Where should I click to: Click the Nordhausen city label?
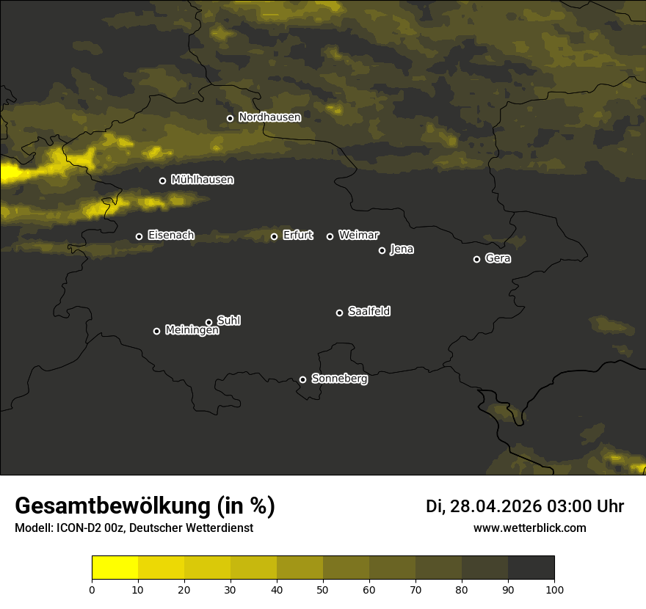coord(269,117)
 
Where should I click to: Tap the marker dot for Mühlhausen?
coord(162,180)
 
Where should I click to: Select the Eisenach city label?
coord(171,236)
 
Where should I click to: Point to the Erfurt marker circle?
coord(275,236)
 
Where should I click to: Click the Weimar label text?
coord(359,236)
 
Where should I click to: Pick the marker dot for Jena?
coord(382,250)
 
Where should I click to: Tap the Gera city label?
coord(498,258)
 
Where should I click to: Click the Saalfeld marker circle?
coord(339,313)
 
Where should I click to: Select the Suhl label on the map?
coord(229,321)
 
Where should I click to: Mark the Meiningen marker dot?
coord(156,331)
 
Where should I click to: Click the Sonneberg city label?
coord(339,379)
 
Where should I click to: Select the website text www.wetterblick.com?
coord(530,528)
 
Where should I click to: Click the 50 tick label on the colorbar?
coord(323,588)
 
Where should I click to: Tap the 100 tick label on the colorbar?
coord(554,588)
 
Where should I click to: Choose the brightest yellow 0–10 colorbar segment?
coord(115,567)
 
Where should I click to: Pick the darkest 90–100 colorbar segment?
coord(531,567)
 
